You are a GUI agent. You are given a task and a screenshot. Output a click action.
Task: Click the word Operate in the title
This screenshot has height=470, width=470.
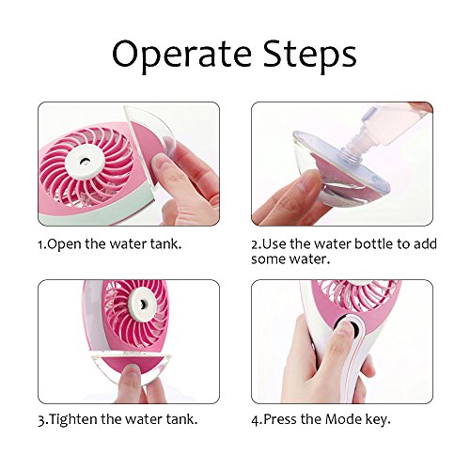(x=182, y=54)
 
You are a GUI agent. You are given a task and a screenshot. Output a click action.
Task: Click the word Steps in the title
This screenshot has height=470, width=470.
(x=310, y=54)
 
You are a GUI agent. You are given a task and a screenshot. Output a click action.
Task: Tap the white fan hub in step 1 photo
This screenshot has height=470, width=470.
(x=85, y=160)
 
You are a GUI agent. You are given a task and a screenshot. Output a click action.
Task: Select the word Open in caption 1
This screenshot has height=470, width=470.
(x=64, y=244)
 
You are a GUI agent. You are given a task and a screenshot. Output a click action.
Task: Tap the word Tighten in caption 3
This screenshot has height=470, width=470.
(x=73, y=419)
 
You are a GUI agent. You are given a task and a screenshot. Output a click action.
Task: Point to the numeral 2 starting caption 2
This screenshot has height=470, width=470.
(x=255, y=244)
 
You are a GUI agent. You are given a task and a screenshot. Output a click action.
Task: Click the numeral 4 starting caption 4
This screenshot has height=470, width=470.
(x=256, y=420)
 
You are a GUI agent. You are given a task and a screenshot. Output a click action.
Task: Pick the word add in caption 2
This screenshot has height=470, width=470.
(x=425, y=243)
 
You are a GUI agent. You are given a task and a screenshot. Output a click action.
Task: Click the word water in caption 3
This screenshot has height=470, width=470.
(x=147, y=419)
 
